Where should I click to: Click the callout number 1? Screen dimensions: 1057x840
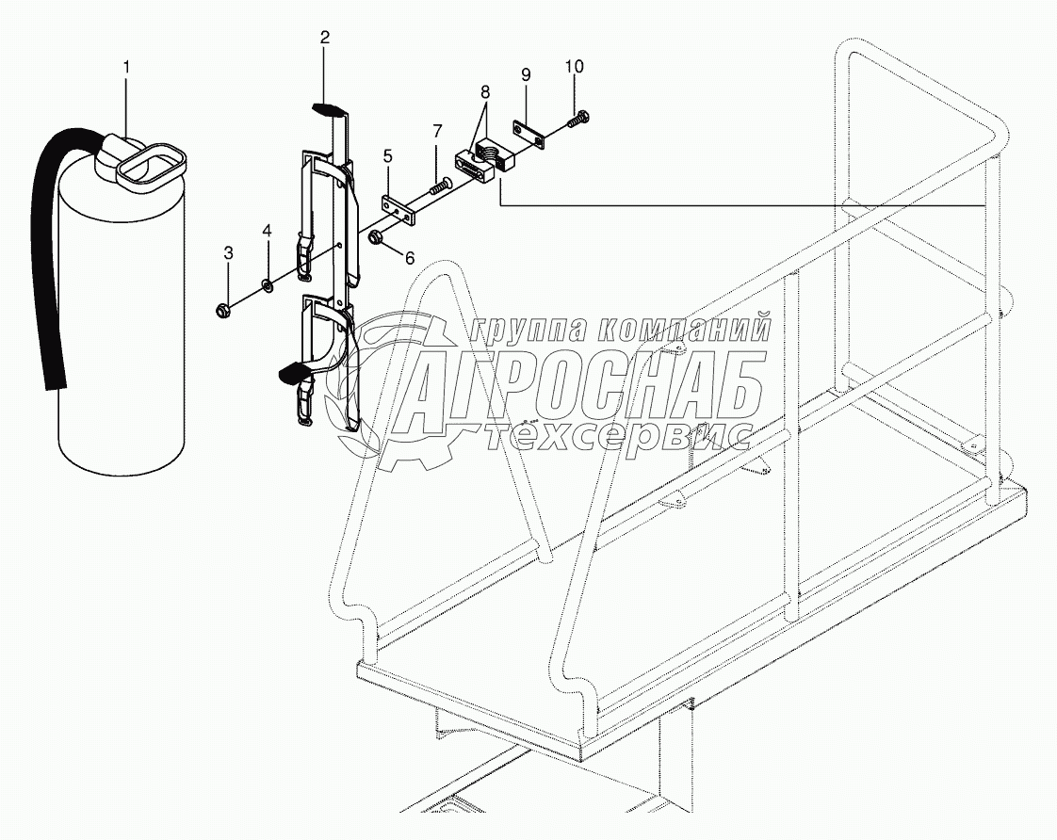tap(127, 68)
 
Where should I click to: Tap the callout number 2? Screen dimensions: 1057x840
tap(324, 38)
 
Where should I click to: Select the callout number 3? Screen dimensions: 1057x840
tap(227, 251)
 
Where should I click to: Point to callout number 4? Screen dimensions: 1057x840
tap(267, 230)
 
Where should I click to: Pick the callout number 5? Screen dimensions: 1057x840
tap(386, 155)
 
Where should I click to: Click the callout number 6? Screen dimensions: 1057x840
tap(408, 257)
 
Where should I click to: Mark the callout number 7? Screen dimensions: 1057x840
tap(437, 131)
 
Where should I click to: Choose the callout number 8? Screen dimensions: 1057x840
tap(485, 92)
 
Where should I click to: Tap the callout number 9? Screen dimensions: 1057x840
tap(526, 74)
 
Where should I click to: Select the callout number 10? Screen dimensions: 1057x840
tap(574, 66)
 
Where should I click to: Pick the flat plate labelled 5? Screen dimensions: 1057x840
tap(398, 209)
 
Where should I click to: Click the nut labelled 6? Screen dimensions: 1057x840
tap(375, 234)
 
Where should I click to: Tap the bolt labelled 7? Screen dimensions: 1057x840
tap(441, 188)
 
